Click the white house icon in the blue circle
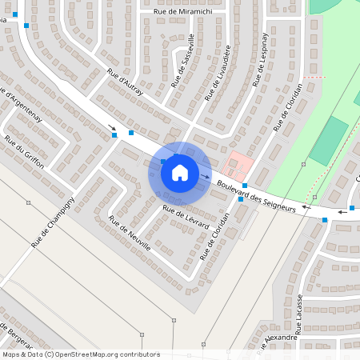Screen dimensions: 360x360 [x=179, y=172]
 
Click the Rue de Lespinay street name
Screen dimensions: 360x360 [x=258, y=59]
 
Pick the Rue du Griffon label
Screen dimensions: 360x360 [x=24, y=148]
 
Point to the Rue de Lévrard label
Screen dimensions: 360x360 [x=186, y=219]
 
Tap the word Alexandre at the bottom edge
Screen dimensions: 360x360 [x=281, y=338]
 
